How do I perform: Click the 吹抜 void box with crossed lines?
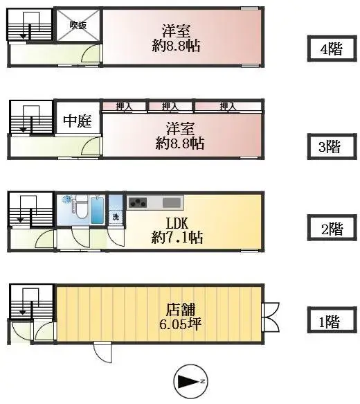click(x=78, y=26)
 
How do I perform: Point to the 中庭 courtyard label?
click(x=78, y=122)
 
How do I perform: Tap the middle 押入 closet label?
click(x=170, y=107)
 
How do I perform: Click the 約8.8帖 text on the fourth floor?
click(x=177, y=46)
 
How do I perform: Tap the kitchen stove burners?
click(x=138, y=203)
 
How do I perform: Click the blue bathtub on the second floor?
click(x=97, y=209)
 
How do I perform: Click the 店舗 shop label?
click(x=177, y=309)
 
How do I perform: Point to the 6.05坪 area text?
click(x=177, y=324)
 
